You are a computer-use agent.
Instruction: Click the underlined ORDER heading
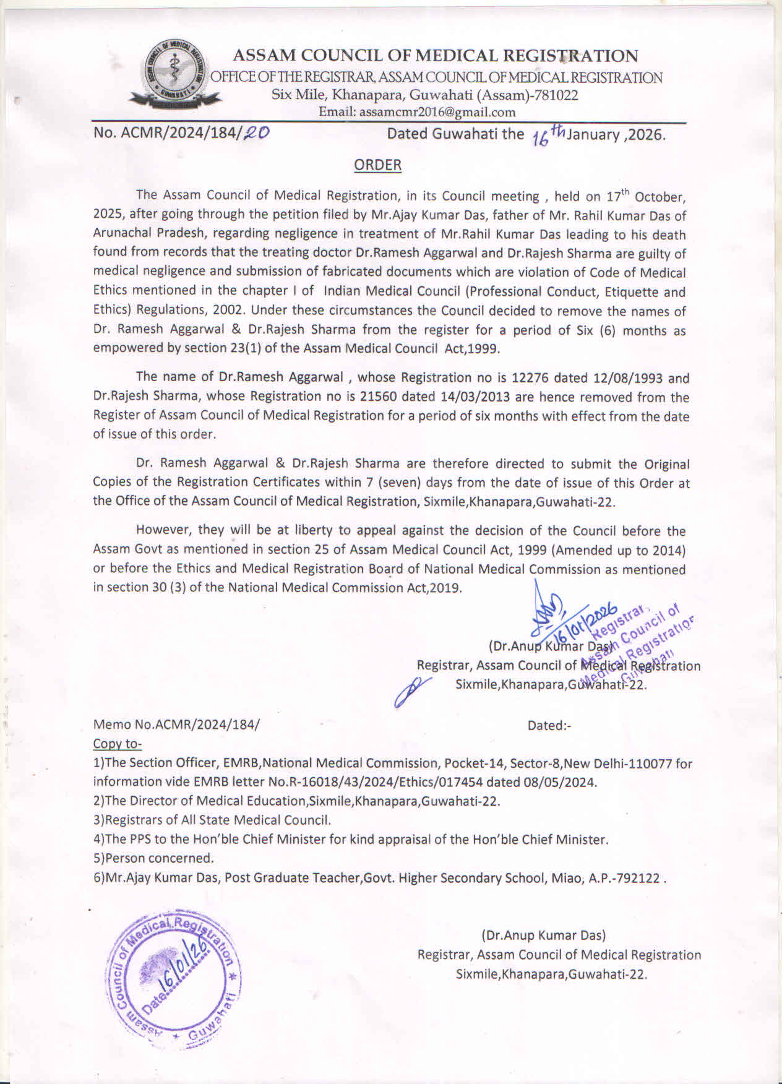coord(377,165)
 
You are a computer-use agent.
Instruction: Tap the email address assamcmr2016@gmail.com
coord(437,112)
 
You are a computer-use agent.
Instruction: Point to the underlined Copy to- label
coord(117,743)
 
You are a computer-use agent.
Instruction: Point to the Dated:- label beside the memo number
coord(549,725)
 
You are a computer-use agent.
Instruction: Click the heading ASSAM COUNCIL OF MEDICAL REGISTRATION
coord(435,56)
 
